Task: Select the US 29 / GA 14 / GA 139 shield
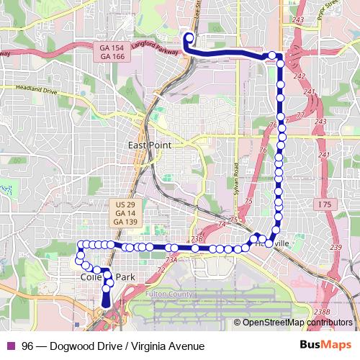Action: (x=126, y=213)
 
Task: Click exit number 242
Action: (x=300, y=76)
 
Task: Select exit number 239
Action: (x=336, y=248)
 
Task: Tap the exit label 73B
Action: (x=197, y=238)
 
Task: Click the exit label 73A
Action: (x=171, y=260)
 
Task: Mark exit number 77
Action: (x=298, y=115)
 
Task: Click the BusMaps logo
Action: (x=326, y=345)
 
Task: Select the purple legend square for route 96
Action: (x=10, y=346)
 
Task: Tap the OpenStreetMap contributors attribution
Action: (x=293, y=323)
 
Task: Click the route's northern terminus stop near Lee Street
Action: (x=189, y=38)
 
